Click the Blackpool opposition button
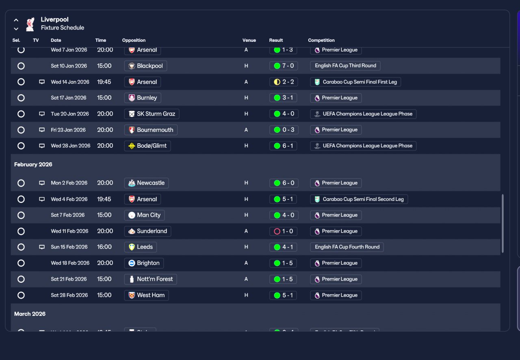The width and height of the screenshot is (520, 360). point(145,66)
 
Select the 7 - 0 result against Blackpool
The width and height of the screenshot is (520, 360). point(283,66)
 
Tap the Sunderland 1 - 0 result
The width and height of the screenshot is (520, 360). point(283,231)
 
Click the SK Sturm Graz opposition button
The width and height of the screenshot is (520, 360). point(152,114)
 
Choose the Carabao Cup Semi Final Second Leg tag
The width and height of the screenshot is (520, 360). point(359,199)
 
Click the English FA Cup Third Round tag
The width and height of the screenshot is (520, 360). point(345,66)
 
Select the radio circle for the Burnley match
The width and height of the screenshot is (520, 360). point(21,98)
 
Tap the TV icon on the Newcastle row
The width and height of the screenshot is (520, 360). point(42,183)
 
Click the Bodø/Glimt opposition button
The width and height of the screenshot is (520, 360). point(147,146)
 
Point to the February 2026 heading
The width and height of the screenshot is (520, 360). point(33,164)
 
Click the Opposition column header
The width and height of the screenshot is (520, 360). point(134,40)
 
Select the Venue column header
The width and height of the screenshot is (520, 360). point(249,40)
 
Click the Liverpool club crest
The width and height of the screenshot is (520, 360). point(30,24)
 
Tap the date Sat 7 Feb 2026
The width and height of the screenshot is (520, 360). point(68,215)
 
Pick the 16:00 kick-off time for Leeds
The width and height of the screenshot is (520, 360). point(104,247)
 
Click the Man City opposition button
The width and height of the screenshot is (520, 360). point(144,215)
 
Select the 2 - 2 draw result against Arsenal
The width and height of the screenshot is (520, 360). point(283,82)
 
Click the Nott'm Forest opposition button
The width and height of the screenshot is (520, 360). point(150,279)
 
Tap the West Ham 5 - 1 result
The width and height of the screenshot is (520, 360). point(283,295)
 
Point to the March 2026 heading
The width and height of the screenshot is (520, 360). point(30,314)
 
